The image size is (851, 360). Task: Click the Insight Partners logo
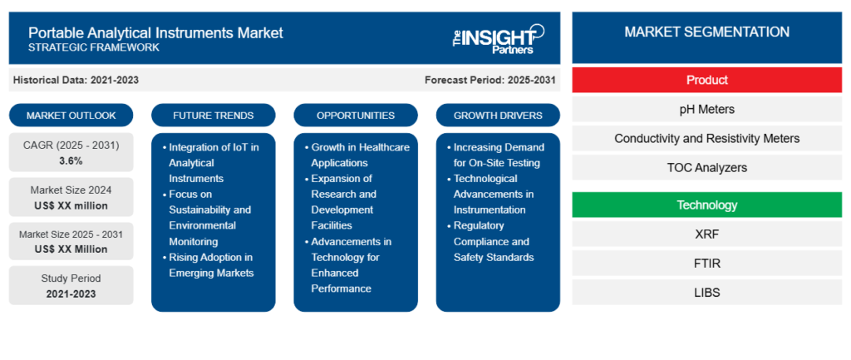[x=497, y=38]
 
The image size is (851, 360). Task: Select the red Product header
[x=706, y=80]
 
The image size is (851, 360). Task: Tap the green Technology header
[x=706, y=205]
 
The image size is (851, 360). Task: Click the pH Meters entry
[x=706, y=109]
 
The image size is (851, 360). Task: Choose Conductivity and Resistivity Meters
[x=706, y=138]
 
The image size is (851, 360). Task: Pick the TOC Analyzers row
[x=706, y=167]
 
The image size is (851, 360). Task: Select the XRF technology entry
[x=706, y=234]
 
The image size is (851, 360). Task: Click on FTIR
[x=706, y=263]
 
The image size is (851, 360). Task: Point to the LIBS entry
[x=706, y=292]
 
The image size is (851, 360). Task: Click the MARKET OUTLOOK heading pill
[x=71, y=115]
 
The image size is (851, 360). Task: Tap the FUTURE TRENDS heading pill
[x=213, y=115]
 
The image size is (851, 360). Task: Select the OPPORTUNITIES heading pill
[x=355, y=115]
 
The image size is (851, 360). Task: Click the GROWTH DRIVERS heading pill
[x=498, y=115]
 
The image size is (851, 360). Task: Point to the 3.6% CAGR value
[x=71, y=160]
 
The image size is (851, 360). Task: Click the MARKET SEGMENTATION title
[x=706, y=32]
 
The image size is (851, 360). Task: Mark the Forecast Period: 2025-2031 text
[x=489, y=80]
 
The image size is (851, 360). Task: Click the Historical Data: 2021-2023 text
[x=76, y=80]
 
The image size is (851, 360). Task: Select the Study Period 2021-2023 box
[x=71, y=285]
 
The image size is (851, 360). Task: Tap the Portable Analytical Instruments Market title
[x=155, y=33]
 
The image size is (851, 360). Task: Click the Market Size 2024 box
[x=71, y=198]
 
